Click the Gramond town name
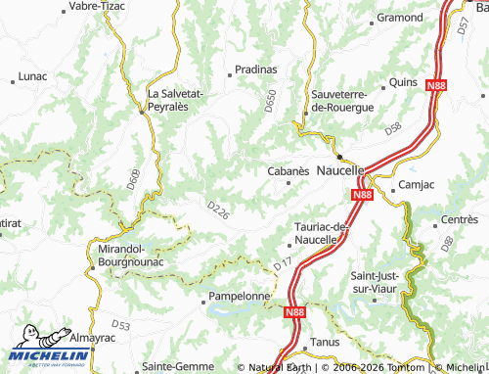pos(400,18)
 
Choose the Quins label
pos(403,83)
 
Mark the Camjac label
pos(411,184)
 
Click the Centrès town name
pos(459,219)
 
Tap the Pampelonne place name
pos(241,296)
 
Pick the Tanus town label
pos(324,342)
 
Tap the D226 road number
pos(219,210)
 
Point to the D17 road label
pos(283,263)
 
